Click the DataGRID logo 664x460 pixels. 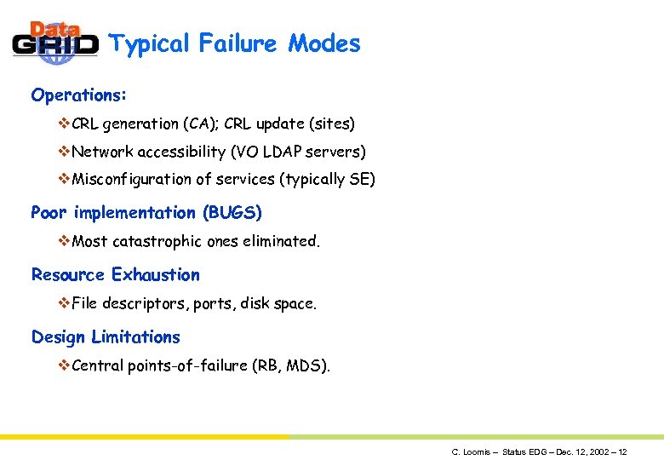coord(55,43)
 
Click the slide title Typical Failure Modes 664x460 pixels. coord(235,43)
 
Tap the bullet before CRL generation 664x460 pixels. coord(64,124)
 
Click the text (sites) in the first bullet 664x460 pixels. coord(332,124)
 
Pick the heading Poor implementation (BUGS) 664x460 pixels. coord(146,212)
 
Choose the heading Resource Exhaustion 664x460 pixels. coord(116,275)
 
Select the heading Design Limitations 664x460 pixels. coord(106,337)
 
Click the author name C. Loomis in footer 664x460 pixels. coord(470,451)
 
